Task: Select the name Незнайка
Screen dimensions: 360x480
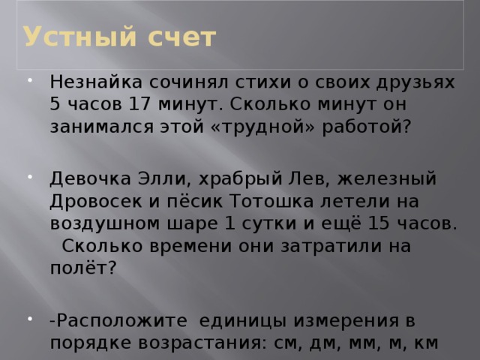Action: [94, 80]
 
